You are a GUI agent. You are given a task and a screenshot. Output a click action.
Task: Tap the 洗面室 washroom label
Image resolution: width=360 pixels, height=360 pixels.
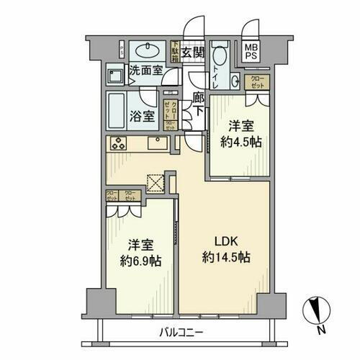click(x=145, y=72)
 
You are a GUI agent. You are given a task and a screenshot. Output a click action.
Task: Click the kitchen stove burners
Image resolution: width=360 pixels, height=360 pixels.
click(x=118, y=143)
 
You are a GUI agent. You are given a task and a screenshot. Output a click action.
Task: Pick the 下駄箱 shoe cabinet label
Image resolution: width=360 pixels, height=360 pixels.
click(x=175, y=50)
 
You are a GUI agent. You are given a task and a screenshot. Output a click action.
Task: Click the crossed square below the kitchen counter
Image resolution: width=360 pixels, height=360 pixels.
click(x=155, y=181)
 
